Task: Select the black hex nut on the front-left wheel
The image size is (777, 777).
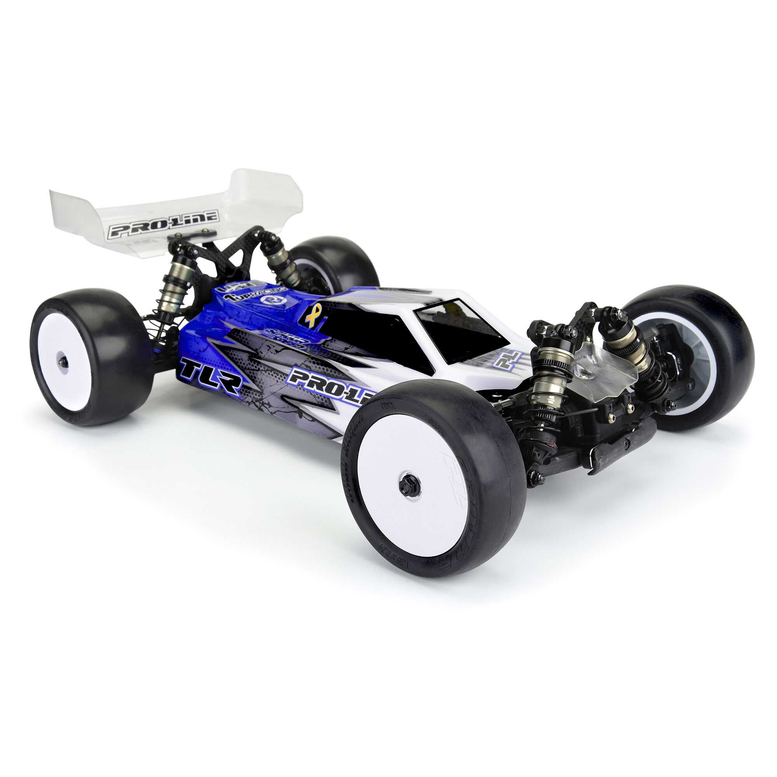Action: [410, 487]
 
